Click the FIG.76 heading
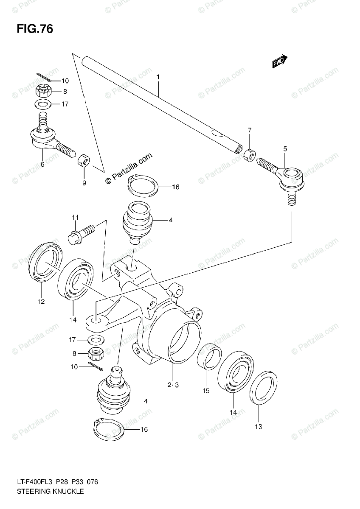35,29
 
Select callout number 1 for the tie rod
157,77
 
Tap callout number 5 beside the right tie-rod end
285,148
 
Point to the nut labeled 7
250,155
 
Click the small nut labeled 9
84,162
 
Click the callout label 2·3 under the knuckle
174,385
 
